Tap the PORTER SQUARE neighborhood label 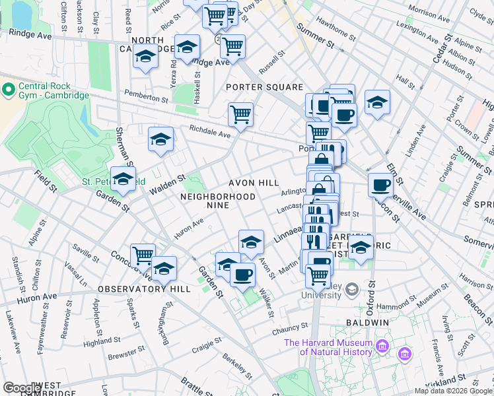tap(264, 87)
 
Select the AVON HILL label tap(254, 182)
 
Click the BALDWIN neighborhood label tap(368, 322)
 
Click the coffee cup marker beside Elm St tap(380, 185)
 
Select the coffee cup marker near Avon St tap(243, 273)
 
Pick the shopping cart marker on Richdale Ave tap(241, 114)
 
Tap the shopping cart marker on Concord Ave tap(143, 255)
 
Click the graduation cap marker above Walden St tap(160, 139)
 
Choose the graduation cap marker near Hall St tap(377, 102)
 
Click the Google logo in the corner tap(22, 388)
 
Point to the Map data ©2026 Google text tap(453, 391)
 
